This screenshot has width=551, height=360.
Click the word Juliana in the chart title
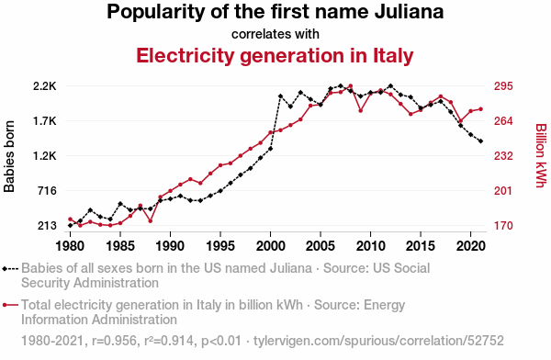pos(409,11)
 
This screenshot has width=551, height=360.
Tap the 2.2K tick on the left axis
pos(45,86)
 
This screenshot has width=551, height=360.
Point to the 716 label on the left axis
pos(47,191)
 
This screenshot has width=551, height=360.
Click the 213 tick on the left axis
pos(47,226)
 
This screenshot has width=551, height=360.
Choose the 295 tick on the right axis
pos(503,86)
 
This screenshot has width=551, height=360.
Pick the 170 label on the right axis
pos(503,226)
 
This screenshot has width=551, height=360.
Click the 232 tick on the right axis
pos(503,156)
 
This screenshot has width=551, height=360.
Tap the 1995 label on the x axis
pos(220,246)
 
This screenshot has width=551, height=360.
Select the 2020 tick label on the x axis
pos(470,246)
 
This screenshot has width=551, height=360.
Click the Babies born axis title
pos(9,156)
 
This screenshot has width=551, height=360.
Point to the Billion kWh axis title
pos(541,155)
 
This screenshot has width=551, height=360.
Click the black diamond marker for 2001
pos(280,96)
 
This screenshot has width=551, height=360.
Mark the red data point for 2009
pos(361,111)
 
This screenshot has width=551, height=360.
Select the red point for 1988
pos(151,221)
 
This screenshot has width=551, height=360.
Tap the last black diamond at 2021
pos(480,141)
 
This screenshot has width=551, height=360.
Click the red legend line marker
pos(10,305)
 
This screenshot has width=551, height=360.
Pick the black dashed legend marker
pos(10,269)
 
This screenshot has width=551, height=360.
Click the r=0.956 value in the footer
pos(114,341)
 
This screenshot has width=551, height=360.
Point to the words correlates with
pos(275,34)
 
